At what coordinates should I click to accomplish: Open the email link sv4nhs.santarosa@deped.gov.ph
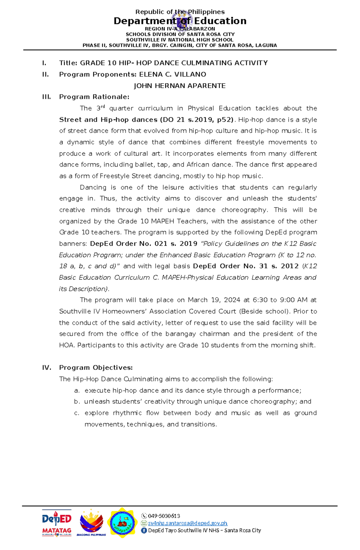pos(187,523)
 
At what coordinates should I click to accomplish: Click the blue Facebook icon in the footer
pos(144,530)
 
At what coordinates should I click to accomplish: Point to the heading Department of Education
pos(180,21)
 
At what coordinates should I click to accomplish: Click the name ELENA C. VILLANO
pos(172,74)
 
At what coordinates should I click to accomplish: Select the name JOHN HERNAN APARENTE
pos(179,86)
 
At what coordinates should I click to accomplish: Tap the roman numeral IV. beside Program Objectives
pos(46,368)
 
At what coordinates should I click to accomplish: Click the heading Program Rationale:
pos(94,97)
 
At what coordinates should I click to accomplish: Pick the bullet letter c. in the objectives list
pos(76,413)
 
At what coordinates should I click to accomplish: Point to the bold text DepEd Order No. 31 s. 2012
pos(246,266)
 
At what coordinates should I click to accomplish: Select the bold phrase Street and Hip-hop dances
pos(108,120)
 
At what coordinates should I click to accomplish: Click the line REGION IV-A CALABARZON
pos(180,29)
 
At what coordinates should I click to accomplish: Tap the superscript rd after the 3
pos(103,106)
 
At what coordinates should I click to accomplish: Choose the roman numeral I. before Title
pos(44,63)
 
